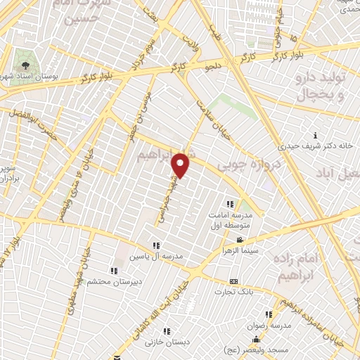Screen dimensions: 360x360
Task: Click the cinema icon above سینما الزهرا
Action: (x=240, y=240)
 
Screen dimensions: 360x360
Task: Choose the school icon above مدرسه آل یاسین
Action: (x=155, y=245)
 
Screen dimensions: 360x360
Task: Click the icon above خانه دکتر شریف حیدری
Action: (x=316, y=135)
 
